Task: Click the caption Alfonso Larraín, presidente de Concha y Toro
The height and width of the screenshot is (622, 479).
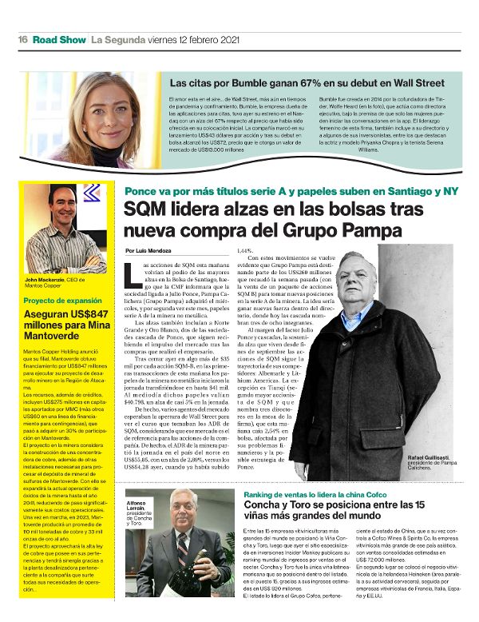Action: point(138,507)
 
